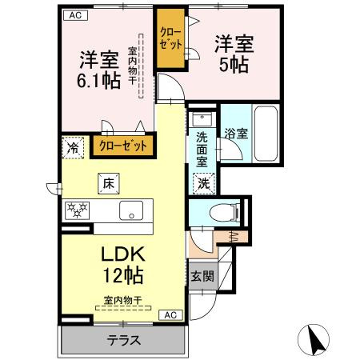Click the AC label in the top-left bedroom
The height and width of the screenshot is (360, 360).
point(74,14)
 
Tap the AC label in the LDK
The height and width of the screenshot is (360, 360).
point(170,314)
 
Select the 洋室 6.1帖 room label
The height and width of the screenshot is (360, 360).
point(99,70)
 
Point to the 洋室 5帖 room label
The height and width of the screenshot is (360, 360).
point(234,54)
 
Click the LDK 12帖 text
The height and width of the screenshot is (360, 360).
point(122,264)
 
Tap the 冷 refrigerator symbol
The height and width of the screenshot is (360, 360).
point(73,147)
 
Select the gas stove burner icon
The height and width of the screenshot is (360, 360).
point(78,210)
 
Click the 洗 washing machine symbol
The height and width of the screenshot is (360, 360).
point(205,182)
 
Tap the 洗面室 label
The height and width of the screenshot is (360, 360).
point(202,148)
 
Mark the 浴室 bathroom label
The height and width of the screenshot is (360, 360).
point(235,133)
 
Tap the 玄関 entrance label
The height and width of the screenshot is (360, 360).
point(202,276)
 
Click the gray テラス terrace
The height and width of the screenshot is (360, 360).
point(124,340)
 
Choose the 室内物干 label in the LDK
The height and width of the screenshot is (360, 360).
point(122,301)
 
